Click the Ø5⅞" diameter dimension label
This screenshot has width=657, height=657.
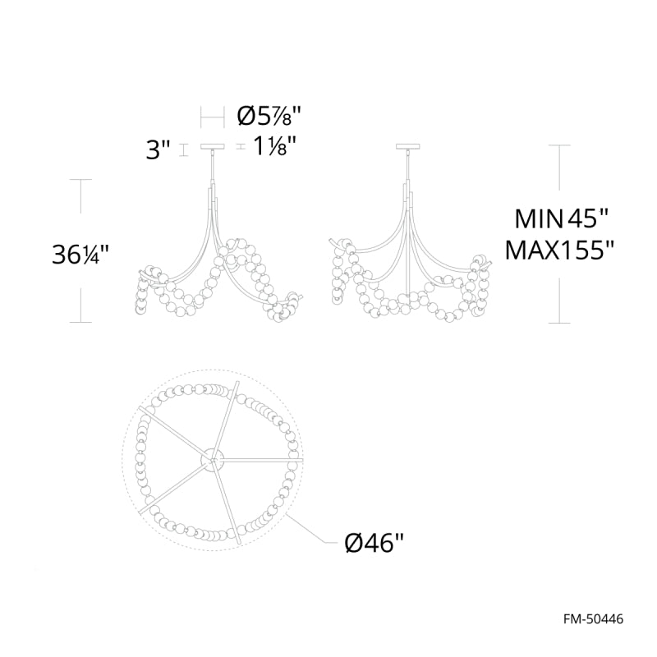(269, 116)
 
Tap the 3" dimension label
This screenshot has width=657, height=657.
(159, 150)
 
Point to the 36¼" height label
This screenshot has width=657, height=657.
(80, 254)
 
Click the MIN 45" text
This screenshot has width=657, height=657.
(561, 218)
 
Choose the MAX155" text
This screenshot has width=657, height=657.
(560, 251)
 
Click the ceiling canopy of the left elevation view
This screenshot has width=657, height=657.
(214, 147)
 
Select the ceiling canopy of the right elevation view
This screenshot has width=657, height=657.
(407, 147)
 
